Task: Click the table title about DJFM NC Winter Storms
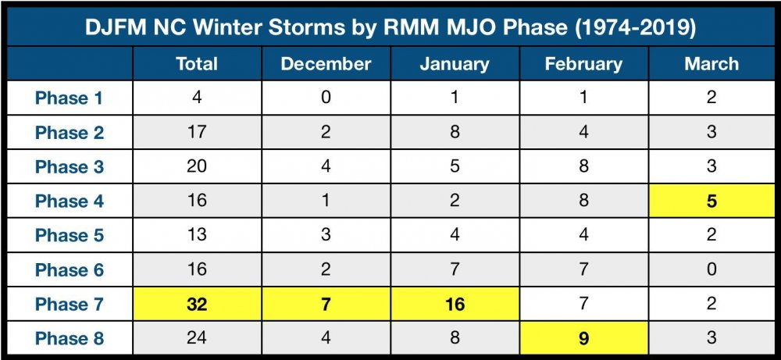tap(390, 28)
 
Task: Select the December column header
tap(326, 64)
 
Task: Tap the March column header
tap(711, 64)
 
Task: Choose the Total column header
tap(197, 64)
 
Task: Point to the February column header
tap(583, 64)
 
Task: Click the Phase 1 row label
tap(69, 98)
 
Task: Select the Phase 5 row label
tap(69, 234)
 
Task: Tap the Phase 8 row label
tap(69, 338)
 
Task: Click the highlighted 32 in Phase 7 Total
tap(197, 304)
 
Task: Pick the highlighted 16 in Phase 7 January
tap(455, 304)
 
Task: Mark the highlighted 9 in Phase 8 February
tap(583, 338)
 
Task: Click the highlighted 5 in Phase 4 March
tap(711, 201)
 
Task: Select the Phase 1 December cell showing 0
tap(326, 98)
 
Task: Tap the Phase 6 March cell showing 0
tap(711, 269)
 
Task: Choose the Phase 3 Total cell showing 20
tap(197, 166)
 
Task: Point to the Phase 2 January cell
tap(455, 132)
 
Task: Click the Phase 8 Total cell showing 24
tap(197, 338)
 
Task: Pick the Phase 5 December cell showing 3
tap(326, 234)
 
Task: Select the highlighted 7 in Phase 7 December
tap(326, 304)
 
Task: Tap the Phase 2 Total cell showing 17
tap(197, 132)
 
